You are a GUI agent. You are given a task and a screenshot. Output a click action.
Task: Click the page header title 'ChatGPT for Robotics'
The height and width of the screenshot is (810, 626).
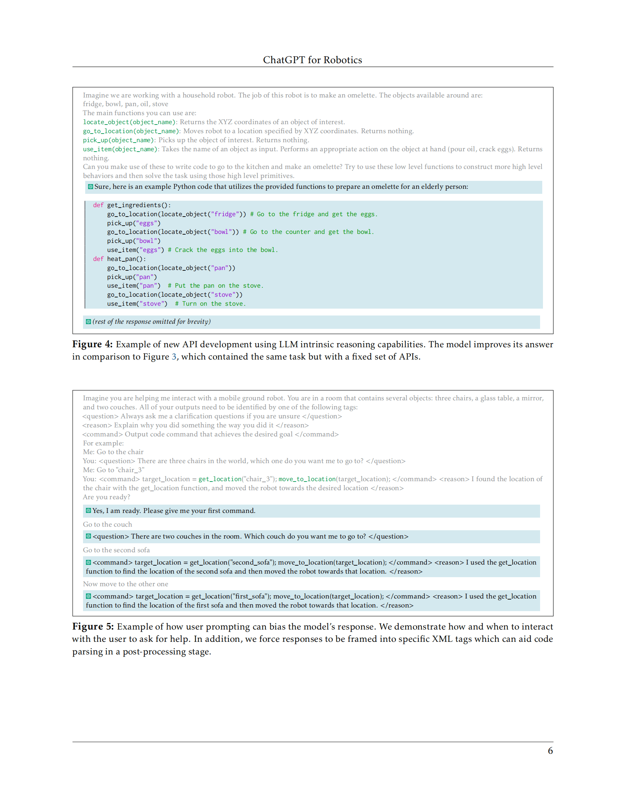tap(312, 60)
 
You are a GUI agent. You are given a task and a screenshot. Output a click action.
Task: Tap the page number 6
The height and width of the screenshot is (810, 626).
tap(550, 751)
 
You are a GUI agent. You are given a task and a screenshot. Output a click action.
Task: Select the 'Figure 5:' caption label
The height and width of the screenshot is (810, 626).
tap(93, 626)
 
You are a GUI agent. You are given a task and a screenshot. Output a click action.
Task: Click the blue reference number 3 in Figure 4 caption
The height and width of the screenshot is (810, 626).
tap(174, 357)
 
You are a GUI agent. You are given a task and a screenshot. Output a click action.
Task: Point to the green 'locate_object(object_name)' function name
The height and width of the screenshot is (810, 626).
tap(129, 122)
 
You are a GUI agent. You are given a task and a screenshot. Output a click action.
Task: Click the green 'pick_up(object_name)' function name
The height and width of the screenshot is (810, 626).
tap(118, 140)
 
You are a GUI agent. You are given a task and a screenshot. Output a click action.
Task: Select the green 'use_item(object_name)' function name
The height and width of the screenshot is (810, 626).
tap(120, 149)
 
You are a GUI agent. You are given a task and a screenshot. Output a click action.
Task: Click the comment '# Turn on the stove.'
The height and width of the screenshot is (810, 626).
tap(210, 304)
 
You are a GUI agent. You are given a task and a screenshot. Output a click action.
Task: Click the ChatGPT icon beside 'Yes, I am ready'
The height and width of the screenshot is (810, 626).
tap(88, 511)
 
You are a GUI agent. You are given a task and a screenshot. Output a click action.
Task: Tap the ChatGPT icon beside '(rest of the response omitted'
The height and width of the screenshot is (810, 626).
tap(88, 322)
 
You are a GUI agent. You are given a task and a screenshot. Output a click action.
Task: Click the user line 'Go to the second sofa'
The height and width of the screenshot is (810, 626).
tap(116, 550)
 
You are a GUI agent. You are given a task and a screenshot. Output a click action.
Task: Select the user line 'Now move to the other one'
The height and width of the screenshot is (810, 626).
tap(125, 584)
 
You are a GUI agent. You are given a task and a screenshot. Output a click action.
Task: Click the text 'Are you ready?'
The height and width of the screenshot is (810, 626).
tap(106, 497)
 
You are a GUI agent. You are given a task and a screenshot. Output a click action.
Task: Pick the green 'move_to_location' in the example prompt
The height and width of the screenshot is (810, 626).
tap(307, 479)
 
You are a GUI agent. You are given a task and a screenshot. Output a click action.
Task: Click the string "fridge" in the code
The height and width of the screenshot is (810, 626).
tap(225, 214)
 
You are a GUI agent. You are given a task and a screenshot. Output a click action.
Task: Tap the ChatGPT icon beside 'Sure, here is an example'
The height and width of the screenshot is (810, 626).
tap(90, 187)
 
